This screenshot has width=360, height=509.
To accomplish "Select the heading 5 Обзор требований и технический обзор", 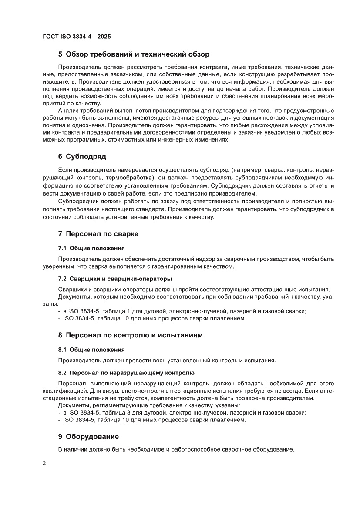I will [134, 54].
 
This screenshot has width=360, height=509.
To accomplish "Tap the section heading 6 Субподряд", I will [82, 156].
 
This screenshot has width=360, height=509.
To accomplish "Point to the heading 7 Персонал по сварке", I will [98, 234].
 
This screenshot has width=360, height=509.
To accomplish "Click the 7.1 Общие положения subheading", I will [91, 248].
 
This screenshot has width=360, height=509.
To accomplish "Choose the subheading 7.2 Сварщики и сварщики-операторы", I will [115, 278].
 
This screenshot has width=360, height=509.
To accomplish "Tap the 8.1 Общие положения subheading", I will [91, 349].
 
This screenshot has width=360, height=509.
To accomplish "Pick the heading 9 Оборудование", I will [88, 436].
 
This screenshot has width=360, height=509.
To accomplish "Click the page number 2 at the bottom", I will [44, 462].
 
